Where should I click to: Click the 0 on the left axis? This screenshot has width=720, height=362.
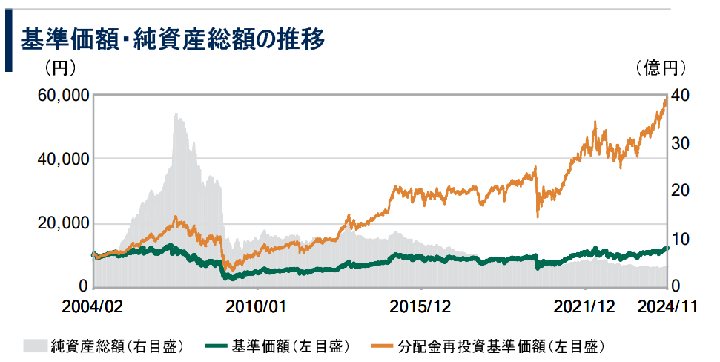(x=83, y=286)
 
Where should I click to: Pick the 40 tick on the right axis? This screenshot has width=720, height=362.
(x=681, y=96)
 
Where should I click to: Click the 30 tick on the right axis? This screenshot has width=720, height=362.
(x=681, y=143)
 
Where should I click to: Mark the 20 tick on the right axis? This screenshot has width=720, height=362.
(x=681, y=191)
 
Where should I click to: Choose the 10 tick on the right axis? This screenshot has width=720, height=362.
(x=681, y=239)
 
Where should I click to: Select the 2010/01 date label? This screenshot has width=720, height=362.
(x=254, y=306)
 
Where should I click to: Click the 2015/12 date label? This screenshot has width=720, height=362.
(x=420, y=306)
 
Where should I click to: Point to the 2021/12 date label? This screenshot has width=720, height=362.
(x=585, y=306)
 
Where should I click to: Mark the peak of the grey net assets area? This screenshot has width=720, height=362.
(x=176, y=114)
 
